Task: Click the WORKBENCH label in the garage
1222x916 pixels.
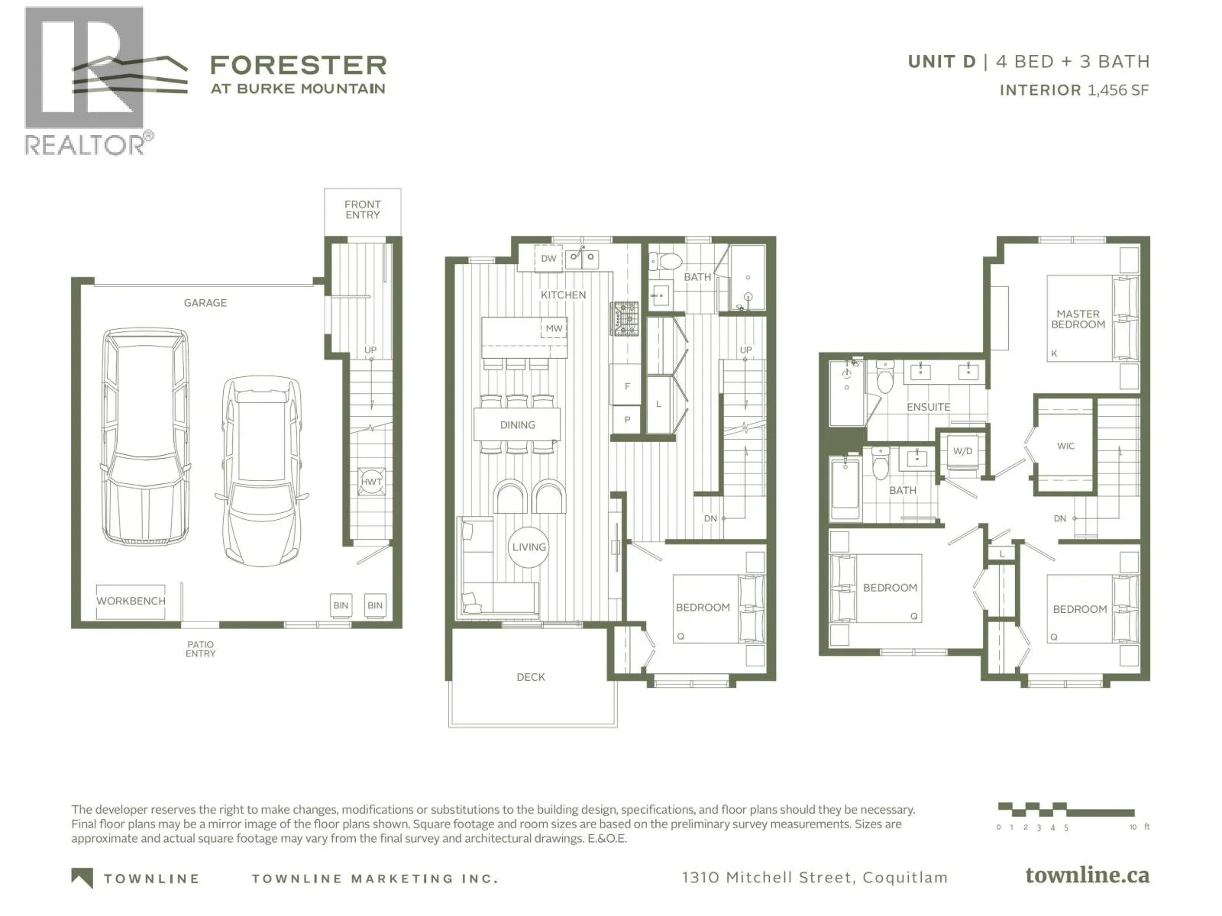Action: tap(131, 601)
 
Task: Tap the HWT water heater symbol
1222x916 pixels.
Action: tap(371, 482)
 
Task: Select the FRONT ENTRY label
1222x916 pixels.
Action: tap(363, 210)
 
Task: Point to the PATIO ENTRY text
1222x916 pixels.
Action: tap(200, 649)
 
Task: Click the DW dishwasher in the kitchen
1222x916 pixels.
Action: tap(548, 258)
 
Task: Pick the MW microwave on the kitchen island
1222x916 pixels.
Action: tap(554, 328)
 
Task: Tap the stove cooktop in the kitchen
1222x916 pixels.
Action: tap(625, 319)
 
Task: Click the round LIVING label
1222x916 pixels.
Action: tap(529, 547)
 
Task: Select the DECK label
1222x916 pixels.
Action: tap(531, 677)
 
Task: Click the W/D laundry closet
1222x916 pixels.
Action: tap(962, 451)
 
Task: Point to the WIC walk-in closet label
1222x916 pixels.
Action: tap(1065, 446)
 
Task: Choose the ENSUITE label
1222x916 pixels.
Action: tap(928, 407)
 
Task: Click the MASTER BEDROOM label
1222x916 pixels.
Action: tap(1078, 319)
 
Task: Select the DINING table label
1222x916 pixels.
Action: tap(517, 425)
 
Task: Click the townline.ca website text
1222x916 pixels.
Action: tap(1088, 876)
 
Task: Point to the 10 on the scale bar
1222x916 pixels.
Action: tap(1133, 827)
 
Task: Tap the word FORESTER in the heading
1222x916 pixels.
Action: tap(298, 65)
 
